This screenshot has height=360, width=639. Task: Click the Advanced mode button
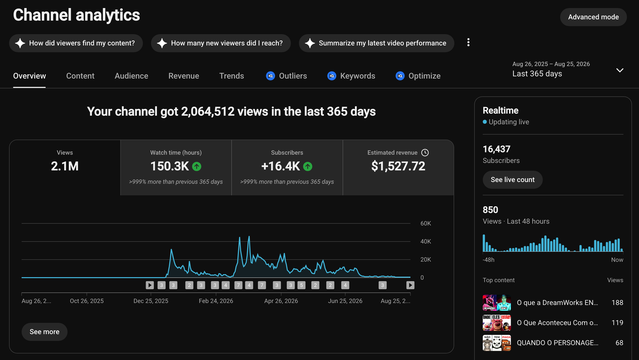pyautogui.click(x=593, y=17)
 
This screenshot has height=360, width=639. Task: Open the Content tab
pyautogui.click(x=80, y=76)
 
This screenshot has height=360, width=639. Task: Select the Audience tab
pyautogui.click(x=131, y=76)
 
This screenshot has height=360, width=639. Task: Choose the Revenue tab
pyautogui.click(x=184, y=76)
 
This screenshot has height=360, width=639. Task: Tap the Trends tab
pyautogui.click(x=232, y=76)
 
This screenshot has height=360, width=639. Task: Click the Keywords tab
pyautogui.click(x=351, y=76)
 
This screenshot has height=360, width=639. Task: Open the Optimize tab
pyautogui.click(x=418, y=76)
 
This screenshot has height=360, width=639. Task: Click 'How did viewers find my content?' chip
pyautogui.click(x=76, y=43)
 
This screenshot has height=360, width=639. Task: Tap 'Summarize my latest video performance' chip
pyautogui.click(x=377, y=43)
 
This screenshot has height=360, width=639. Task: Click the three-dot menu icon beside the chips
pyautogui.click(x=468, y=42)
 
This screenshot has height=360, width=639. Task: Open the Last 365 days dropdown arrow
pyautogui.click(x=619, y=70)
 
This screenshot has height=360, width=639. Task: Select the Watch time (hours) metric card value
pyautogui.click(x=169, y=166)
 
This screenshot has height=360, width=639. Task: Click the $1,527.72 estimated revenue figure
pyautogui.click(x=398, y=166)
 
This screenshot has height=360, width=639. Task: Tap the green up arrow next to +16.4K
pyautogui.click(x=308, y=166)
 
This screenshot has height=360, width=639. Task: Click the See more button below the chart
pyautogui.click(x=44, y=332)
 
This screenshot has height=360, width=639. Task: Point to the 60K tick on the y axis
pyautogui.click(x=426, y=224)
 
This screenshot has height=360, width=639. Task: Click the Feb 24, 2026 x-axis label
pyautogui.click(x=216, y=301)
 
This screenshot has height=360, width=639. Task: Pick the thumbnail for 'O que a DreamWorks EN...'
pyautogui.click(x=497, y=303)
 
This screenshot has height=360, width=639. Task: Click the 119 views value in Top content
pyautogui.click(x=617, y=322)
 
